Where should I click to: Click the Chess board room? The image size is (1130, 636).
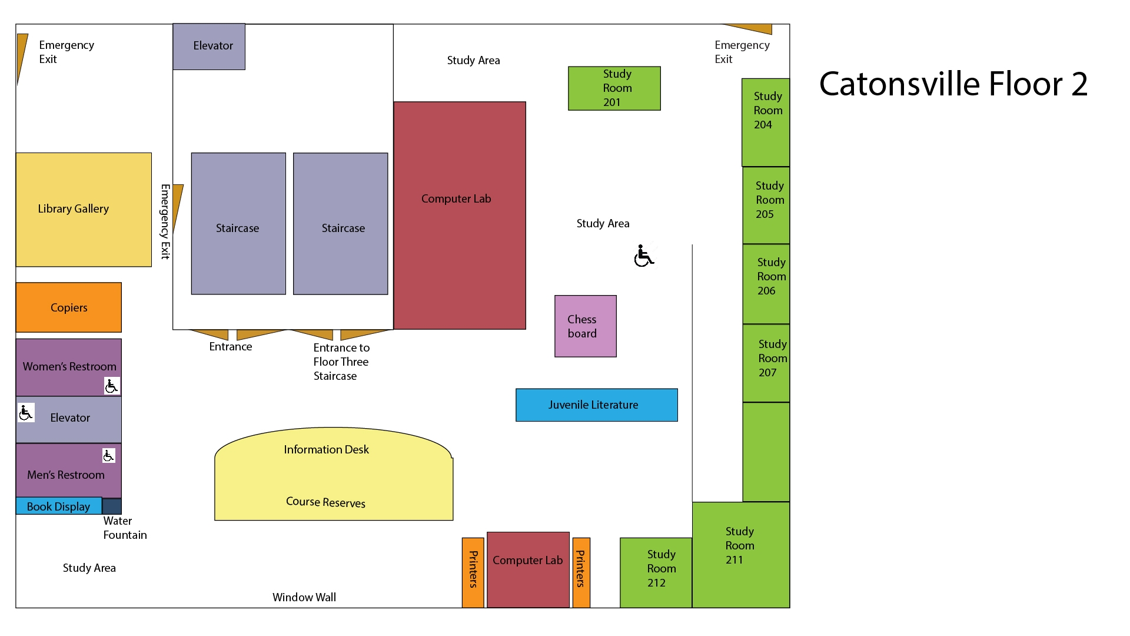pyautogui.click(x=585, y=326)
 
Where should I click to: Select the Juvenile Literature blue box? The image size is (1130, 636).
pyautogui.click(x=596, y=405)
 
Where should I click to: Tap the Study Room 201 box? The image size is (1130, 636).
pyautogui.click(x=614, y=88)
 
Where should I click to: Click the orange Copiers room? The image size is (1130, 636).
pyautogui.click(x=69, y=307)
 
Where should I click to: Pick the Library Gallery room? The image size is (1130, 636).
pyautogui.click(x=84, y=210)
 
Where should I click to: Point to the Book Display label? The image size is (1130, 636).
pyautogui.click(x=58, y=506)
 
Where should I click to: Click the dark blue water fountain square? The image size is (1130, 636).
pyautogui.click(x=112, y=506)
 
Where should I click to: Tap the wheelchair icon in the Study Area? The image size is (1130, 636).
pyautogui.click(x=644, y=256)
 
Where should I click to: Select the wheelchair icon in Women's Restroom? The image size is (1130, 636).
pyautogui.click(x=111, y=386)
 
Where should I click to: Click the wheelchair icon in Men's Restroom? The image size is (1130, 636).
pyautogui.click(x=109, y=455)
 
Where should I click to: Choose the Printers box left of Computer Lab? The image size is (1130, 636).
pyautogui.click(x=473, y=572)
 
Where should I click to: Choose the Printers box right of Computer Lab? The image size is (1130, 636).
pyautogui.click(x=581, y=572)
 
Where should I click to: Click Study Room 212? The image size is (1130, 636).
pyautogui.click(x=656, y=572)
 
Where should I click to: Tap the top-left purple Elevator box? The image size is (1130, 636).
pyautogui.click(x=209, y=47)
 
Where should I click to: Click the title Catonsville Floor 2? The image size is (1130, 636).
pyautogui.click(x=953, y=84)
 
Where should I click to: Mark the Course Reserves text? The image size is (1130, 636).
pyautogui.click(x=325, y=502)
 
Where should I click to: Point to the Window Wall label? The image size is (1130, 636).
pyautogui.click(x=304, y=597)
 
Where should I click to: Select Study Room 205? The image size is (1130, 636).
pyautogui.click(x=766, y=205)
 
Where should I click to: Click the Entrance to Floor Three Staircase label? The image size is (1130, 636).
pyautogui.click(x=341, y=362)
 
